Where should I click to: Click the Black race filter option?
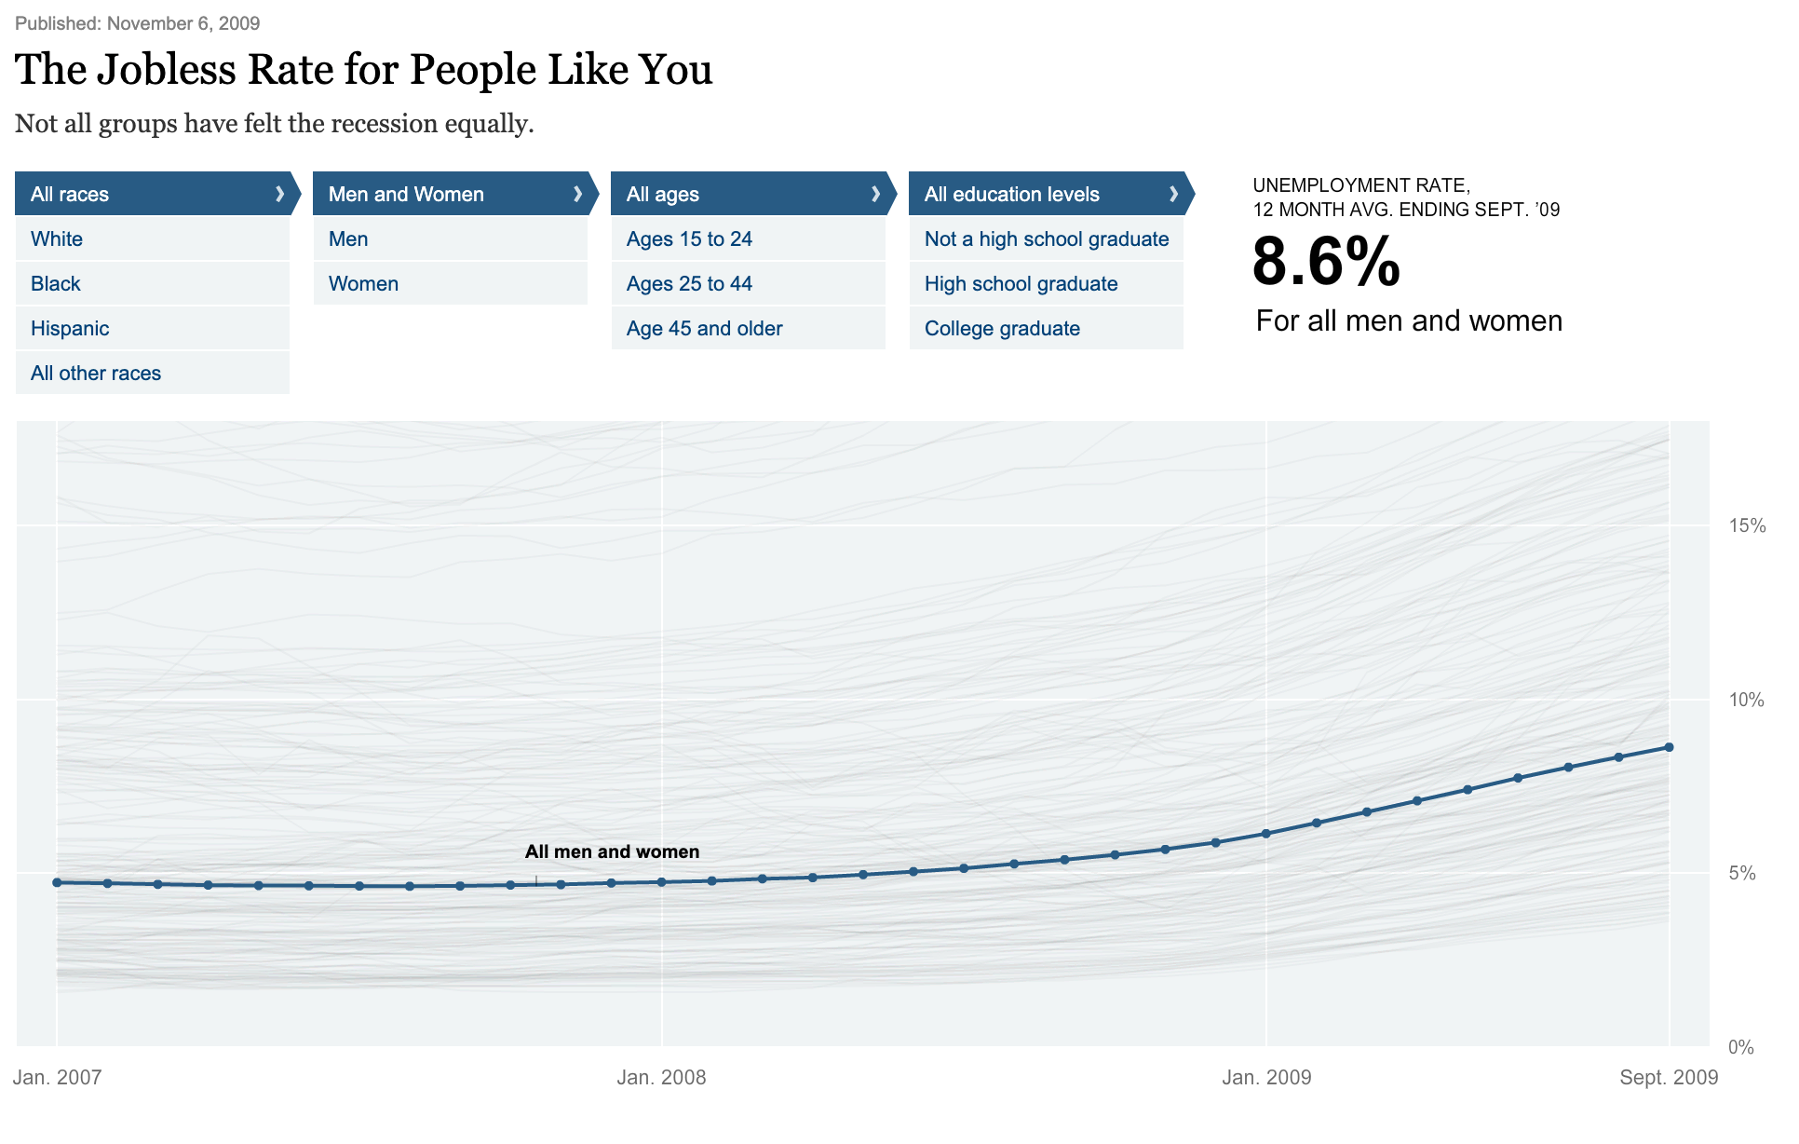point(56,284)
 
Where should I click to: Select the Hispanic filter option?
point(70,329)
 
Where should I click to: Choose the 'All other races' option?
point(96,374)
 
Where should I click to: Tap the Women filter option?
point(363,284)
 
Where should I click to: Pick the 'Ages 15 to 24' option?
point(689,239)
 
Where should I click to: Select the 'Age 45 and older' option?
point(704,329)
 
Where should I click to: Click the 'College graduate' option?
point(1002,329)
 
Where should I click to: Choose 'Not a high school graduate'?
point(1047,239)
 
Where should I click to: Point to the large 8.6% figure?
point(1326,262)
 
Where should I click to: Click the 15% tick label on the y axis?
point(1747,525)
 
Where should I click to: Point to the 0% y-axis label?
point(1741,1047)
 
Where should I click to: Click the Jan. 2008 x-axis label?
point(661,1078)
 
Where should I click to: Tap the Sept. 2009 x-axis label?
point(1669,1078)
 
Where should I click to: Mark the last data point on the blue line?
point(1669,747)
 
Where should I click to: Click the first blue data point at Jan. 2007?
point(57,882)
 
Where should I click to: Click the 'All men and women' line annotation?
point(612,851)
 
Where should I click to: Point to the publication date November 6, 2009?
point(183,23)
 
